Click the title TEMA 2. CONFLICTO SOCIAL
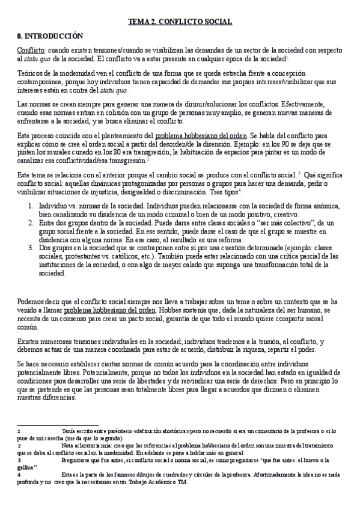pos(180,22)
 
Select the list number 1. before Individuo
pos(31,205)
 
